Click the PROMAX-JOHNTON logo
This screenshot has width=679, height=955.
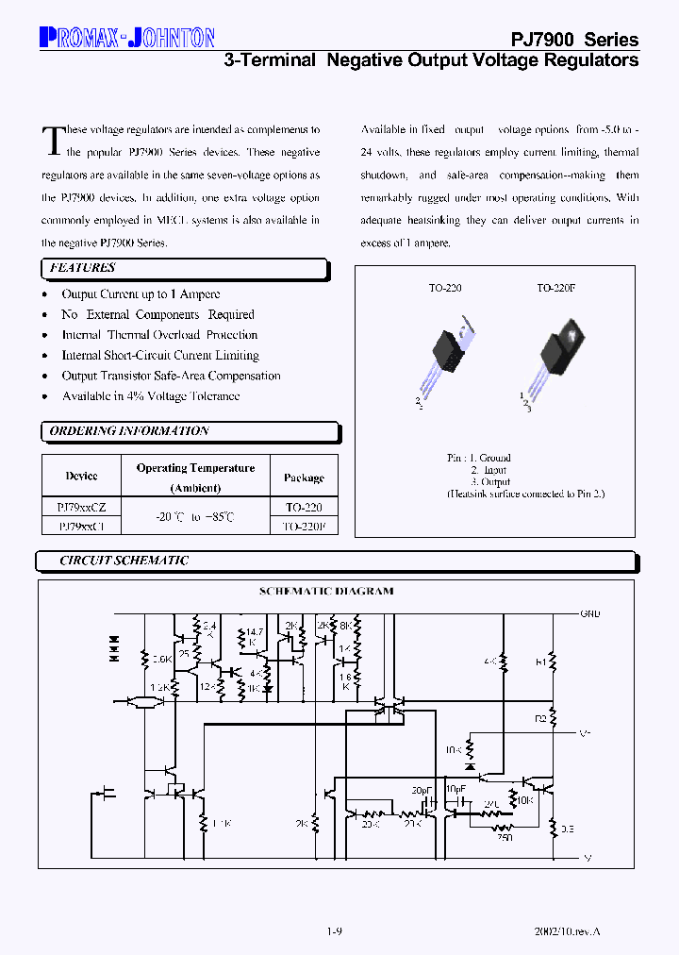click(x=127, y=38)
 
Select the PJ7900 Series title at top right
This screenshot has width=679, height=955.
click(x=574, y=40)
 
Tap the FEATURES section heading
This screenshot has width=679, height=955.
click(x=83, y=269)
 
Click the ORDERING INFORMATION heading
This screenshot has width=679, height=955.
click(x=129, y=431)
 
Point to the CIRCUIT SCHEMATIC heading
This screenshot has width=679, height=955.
click(x=124, y=561)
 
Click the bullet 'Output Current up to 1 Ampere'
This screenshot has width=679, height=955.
click(x=141, y=294)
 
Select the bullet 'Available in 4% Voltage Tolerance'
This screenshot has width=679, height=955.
click(x=150, y=396)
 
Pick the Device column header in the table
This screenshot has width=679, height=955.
click(x=81, y=477)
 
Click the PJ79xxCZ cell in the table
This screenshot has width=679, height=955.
click(x=81, y=508)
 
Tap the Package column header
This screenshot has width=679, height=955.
click(x=304, y=477)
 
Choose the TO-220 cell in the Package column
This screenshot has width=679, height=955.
click(x=304, y=508)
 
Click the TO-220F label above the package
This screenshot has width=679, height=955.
click(x=557, y=289)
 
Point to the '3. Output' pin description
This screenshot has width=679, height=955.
click(x=489, y=481)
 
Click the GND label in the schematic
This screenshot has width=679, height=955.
click(x=589, y=614)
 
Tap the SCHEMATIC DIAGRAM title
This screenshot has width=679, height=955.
click(x=326, y=592)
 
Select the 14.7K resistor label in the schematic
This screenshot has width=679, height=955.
click(x=253, y=637)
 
